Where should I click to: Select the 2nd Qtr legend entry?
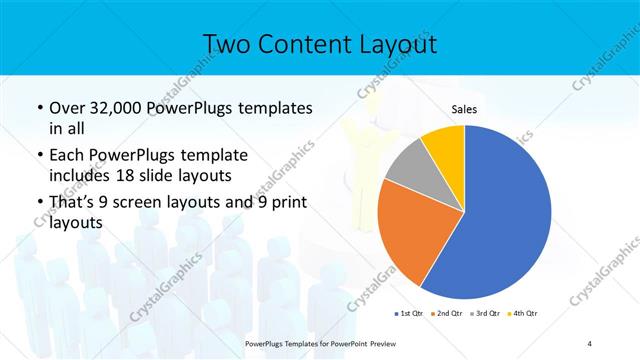point(447,313)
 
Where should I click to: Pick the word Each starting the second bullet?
point(68,156)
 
